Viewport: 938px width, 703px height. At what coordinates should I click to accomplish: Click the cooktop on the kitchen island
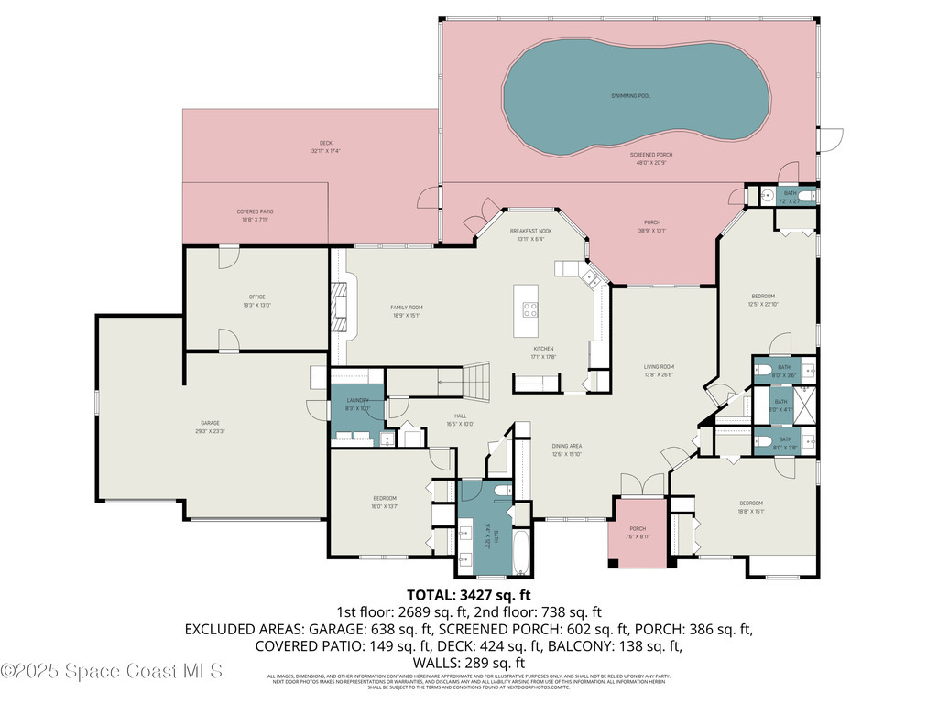click(x=529, y=308)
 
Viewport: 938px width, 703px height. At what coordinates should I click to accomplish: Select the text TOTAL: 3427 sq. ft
click(x=468, y=596)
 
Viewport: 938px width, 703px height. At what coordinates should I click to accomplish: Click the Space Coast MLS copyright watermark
click(x=111, y=671)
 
